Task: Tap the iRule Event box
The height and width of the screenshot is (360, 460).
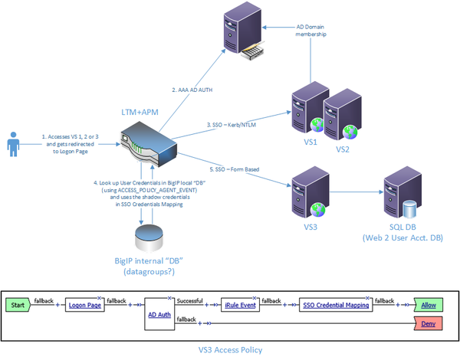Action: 242,304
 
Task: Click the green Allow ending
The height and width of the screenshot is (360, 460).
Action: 428,304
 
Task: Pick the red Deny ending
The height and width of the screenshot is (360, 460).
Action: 428,324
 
